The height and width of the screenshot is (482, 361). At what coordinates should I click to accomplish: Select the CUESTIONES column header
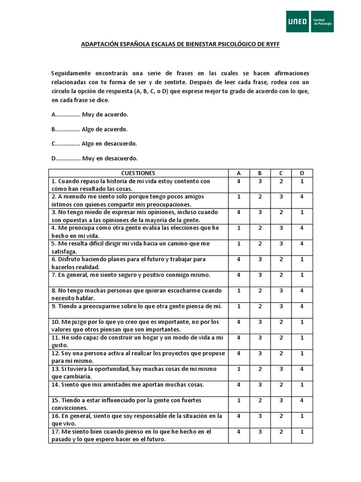pos(138,173)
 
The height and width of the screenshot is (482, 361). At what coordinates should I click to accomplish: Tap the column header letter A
pos(239,173)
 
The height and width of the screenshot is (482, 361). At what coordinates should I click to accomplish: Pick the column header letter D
pos(302,173)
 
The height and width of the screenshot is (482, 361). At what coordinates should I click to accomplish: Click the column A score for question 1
pos(239,181)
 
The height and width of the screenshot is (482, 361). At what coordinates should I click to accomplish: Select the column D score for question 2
pos(302,197)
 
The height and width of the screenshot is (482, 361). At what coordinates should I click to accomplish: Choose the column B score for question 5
pos(260,244)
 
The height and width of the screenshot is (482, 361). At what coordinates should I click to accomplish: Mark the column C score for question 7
pos(281,275)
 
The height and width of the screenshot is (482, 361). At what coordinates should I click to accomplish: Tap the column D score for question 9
pos(302,306)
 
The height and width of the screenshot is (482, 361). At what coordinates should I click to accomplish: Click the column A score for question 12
pos(239,353)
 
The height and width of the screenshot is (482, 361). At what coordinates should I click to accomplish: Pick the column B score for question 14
pos(260,385)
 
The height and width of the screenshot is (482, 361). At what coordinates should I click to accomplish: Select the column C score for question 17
pos(281,432)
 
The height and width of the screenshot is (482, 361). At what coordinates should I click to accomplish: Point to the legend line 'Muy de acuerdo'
pos(89,114)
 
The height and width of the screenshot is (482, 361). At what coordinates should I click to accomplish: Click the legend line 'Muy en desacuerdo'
pos(94,158)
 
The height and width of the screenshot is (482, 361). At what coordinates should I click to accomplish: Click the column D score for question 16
pos(302,416)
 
